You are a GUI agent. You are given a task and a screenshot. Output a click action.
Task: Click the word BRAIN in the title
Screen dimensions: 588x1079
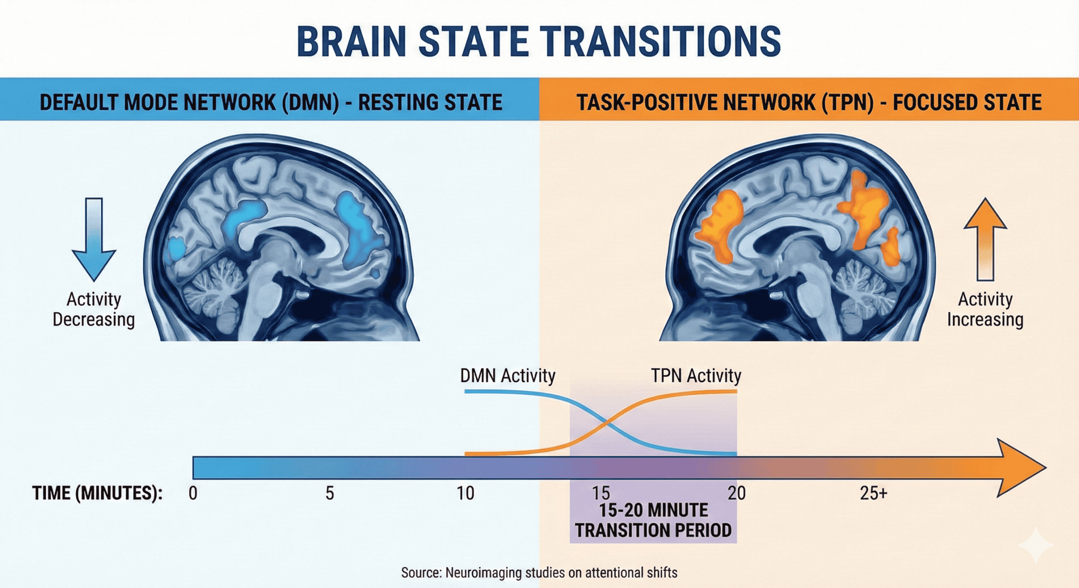click(x=352, y=41)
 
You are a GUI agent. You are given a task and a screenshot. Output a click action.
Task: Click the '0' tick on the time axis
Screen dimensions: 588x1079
click(x=193, y=493)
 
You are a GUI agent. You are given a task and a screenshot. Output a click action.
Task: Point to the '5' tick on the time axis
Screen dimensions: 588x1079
click(x=330, y=493)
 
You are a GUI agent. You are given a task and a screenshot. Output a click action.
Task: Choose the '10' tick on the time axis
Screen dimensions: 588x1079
click(x=466, y=493)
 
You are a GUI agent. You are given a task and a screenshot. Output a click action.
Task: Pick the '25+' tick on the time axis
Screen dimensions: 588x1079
click(x=873, y=493)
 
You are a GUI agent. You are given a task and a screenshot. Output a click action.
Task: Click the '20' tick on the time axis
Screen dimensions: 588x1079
click(x=736, y=493)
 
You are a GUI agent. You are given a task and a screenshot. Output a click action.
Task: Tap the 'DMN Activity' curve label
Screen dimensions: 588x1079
click(x=507, y=376)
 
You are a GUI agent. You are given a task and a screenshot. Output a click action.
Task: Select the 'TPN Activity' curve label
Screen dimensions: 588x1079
click(x=696, y=376)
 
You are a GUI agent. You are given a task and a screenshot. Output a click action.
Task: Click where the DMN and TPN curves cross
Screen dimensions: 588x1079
click(x=607, y=423)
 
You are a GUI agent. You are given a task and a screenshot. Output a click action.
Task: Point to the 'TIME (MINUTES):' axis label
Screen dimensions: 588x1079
click(x=97, y=493)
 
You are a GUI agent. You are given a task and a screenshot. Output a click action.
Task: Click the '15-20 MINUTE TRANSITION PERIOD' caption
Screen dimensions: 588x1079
click(x=653, y=520)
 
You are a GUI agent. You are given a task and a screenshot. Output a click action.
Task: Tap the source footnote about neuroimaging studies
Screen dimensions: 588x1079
click(x=539, y=573)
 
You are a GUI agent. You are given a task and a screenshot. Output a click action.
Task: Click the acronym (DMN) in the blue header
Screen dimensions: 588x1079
click(x=311, y=103)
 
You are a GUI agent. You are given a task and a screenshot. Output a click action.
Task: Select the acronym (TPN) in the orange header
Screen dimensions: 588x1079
click(x=847, y=103)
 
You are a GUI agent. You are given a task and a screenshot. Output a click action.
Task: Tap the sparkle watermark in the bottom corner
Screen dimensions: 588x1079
click(x=1036, y=546)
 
